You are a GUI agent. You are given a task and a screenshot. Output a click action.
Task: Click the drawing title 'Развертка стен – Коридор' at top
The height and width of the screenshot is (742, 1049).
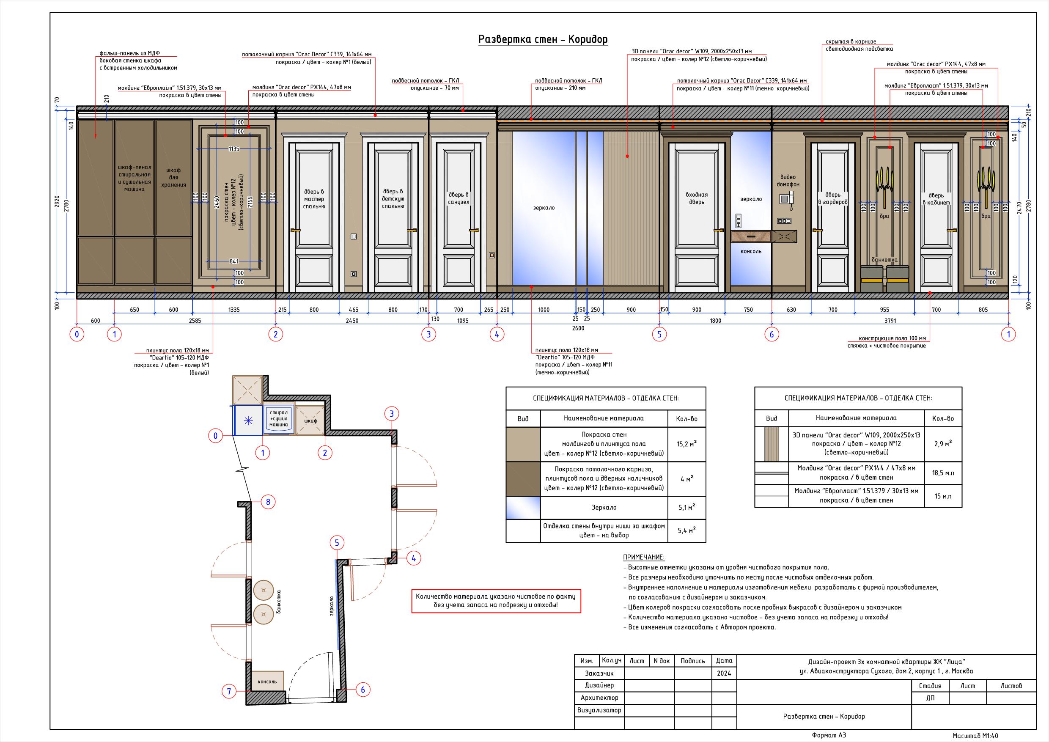543,40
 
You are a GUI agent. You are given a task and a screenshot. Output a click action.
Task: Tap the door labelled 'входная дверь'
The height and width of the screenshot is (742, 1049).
697,217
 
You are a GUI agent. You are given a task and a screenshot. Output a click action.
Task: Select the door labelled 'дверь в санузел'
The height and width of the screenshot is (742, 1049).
459,217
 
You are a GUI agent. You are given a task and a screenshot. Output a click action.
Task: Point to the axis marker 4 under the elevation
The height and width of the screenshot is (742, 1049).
497,335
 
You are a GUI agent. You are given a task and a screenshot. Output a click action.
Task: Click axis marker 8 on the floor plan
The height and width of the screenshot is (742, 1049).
268,502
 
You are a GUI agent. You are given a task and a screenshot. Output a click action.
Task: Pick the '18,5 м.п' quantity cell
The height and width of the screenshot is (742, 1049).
943,473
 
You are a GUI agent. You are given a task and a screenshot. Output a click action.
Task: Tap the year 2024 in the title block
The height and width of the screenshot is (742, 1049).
724,673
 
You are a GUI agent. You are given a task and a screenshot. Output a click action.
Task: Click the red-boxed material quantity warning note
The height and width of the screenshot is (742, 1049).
496,601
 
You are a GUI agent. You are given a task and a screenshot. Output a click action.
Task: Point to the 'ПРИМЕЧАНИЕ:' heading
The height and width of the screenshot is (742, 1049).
644,558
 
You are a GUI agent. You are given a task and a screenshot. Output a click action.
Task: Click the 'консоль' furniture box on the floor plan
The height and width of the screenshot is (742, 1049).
267,681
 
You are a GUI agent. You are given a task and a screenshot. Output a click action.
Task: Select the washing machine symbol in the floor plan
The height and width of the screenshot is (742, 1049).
279,418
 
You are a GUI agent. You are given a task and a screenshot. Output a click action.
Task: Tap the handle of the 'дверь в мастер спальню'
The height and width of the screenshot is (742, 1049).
295,231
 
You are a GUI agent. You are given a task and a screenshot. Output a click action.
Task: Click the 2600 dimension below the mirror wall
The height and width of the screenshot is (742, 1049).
577,328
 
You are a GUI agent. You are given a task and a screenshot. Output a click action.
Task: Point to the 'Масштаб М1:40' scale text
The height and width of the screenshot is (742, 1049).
975,736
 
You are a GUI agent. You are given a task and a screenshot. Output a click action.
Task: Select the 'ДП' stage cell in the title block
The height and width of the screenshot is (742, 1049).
930,698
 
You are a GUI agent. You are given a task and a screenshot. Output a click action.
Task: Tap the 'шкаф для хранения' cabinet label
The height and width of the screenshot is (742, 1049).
173,177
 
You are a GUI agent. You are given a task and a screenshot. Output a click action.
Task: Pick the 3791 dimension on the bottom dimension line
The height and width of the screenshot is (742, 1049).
890,321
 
